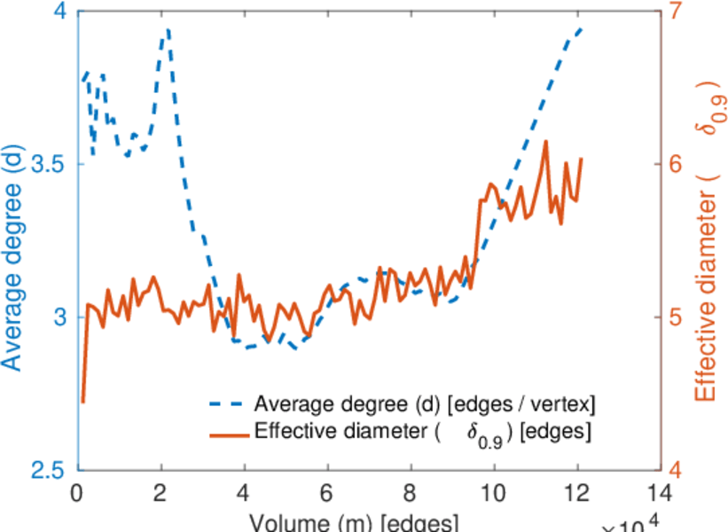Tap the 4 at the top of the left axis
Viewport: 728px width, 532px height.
coord(60,12)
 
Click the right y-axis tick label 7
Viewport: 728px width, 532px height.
coord(677,12)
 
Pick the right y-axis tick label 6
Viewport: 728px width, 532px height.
coord(677,164)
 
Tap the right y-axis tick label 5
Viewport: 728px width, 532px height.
coord(677,317)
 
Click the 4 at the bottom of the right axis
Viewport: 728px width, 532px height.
coord(677,470)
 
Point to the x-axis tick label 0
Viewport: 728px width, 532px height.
coord(79,491)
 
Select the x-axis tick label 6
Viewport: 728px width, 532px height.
coord(328,491)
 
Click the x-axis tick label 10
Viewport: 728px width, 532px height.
coord(494,491)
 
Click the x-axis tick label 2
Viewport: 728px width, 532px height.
coord(161,491)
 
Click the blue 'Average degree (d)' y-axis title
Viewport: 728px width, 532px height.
coord(12,240)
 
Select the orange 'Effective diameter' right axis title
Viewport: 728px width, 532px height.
coord(709,240)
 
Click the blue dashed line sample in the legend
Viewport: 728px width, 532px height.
coord(226,404)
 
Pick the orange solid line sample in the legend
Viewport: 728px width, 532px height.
coord(226,433)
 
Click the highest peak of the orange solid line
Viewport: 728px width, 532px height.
coord(545,141)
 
